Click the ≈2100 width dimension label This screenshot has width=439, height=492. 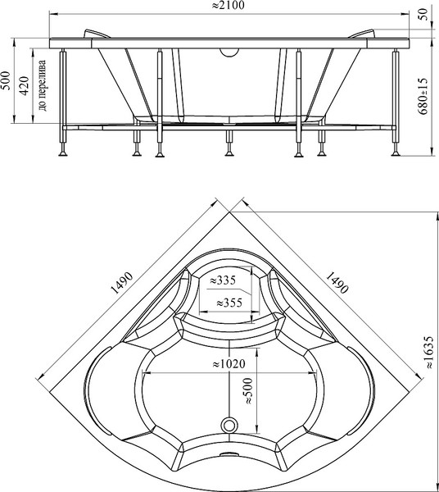coord(229,6)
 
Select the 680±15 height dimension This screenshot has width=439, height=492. coord(423,97)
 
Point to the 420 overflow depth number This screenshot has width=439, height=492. coord(25,85)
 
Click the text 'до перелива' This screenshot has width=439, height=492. coord(42,85)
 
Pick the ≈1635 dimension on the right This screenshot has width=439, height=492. coord(428,353)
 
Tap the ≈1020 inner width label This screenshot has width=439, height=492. coord(229,364)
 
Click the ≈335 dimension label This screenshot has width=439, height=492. coord(223,280)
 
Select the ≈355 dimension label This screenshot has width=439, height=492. coord(229,303)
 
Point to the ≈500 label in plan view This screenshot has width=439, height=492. coord(248,391)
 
